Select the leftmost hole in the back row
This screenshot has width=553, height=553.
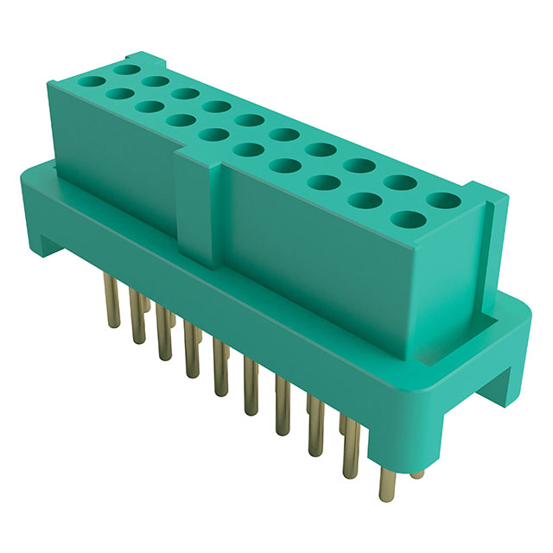128,67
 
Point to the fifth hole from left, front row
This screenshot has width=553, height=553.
210,133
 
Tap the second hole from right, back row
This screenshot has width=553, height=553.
397,182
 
